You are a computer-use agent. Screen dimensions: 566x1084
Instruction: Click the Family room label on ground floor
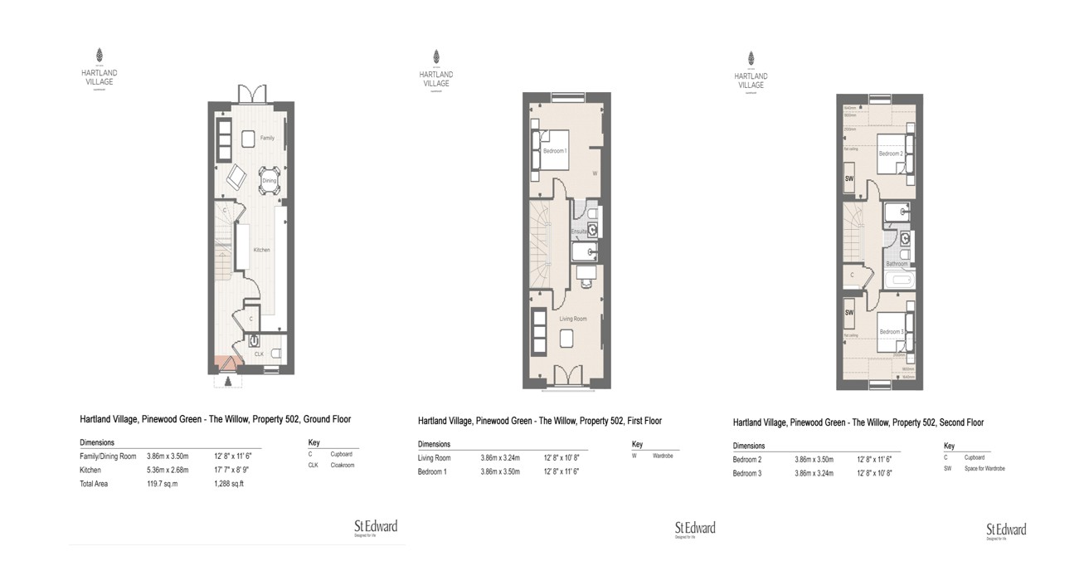click(267, 138)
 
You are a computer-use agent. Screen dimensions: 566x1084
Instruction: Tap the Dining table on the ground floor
click(270, 180)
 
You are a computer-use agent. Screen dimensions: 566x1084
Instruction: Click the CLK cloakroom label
click(259, 354)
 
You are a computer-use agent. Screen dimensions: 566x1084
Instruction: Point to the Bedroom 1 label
click(554, 151)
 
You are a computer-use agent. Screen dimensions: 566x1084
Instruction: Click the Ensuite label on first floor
click(578, 231)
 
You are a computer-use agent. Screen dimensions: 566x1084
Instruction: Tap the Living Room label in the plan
click(572, 319)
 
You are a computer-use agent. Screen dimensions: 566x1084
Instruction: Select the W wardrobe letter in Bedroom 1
click(595, 173)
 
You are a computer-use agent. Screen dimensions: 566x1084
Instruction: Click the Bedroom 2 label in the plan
click(890, 154)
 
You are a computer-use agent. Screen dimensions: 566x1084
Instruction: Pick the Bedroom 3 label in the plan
click(890, 332)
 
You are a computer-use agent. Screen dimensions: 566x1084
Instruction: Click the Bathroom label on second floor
click(897, 264)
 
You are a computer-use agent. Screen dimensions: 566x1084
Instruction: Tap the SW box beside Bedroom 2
click(849, 178)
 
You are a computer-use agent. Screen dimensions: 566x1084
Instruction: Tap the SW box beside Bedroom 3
click(849, 313)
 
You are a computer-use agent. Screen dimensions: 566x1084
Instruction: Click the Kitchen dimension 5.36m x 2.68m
click(168, 470)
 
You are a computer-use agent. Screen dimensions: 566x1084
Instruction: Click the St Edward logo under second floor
click(1005, 530)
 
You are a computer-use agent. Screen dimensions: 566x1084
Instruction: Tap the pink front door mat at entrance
click(223, 364)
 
